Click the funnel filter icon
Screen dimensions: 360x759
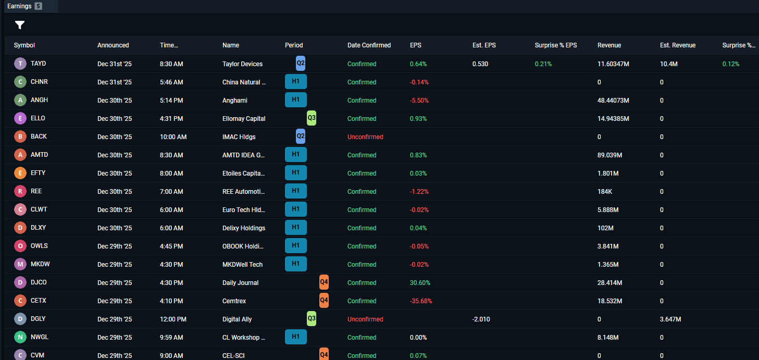pos(20,25)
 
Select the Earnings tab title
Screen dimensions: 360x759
pos(19,6)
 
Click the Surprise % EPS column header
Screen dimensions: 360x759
pos(556,45)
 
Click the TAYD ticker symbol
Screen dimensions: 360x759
pos(38,64)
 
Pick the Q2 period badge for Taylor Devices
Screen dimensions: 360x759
pos(301,64)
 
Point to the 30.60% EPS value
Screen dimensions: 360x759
pos(420,283)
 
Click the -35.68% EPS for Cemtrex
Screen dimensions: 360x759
pos(421,301)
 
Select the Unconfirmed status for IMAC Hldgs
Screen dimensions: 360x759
pos(365,137)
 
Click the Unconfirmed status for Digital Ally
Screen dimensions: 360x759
pos(365,319)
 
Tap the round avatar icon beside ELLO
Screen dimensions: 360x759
pos(20,118)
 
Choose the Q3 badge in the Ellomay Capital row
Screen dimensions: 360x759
pos(312,118)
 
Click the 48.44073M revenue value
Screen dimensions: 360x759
pos(613,101)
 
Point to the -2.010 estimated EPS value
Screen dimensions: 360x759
pos(481,319)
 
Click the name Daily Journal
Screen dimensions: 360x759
pos(240,283)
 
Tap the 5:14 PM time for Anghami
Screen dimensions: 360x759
pos(171,101)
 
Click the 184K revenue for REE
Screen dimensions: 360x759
pos(605,192)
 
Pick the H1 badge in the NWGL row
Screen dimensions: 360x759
pos(295,337)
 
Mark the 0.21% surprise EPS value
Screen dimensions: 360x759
pos(543,64)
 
